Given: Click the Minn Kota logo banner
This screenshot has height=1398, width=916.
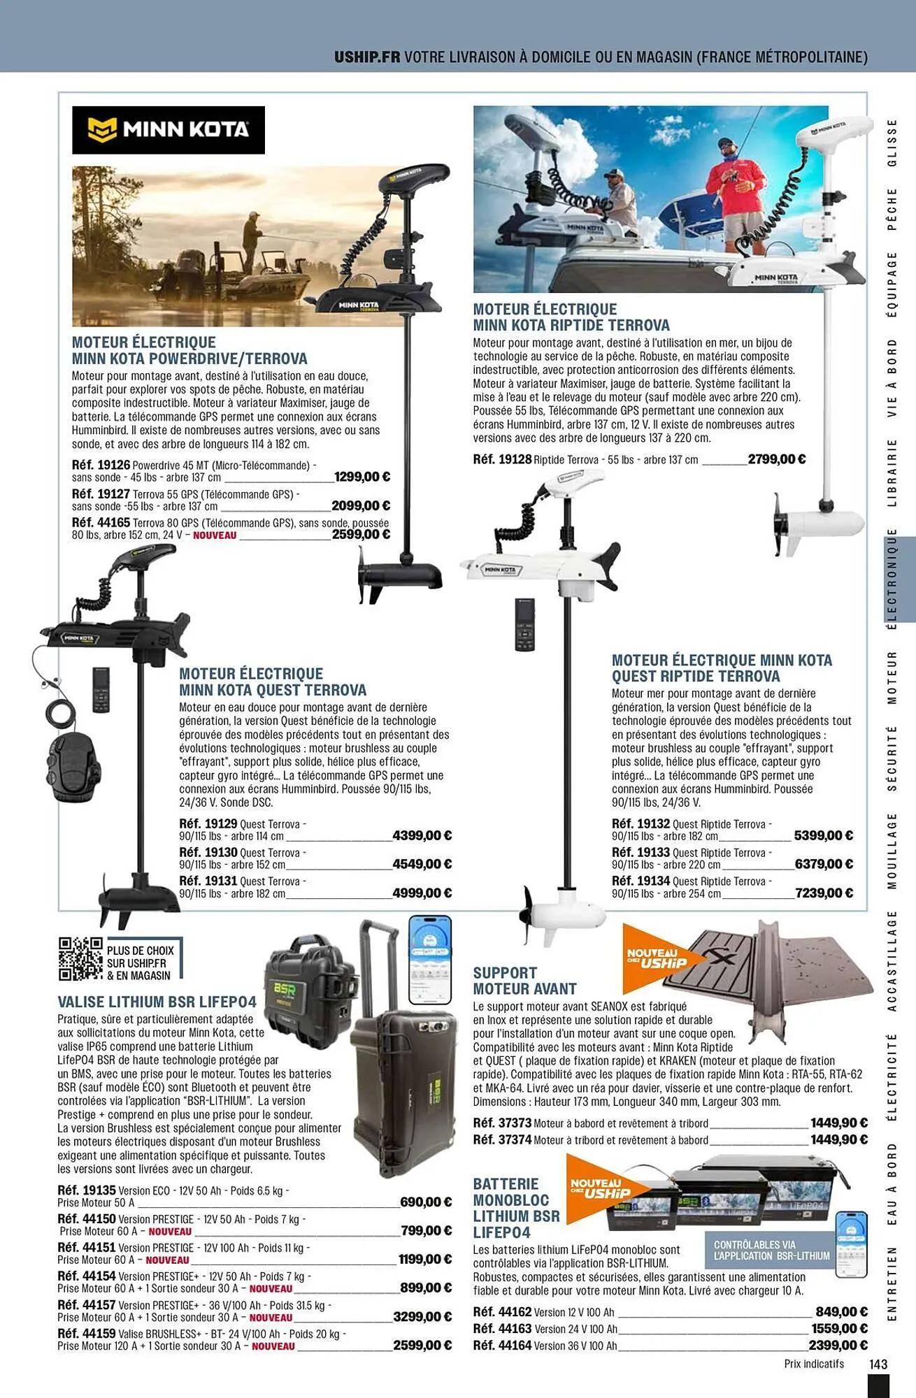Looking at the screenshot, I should click(x=168, y=130).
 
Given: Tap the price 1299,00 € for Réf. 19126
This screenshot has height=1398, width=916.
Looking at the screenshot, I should click(x=362, y=477).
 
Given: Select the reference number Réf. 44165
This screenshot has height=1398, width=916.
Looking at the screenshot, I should click(x=101, y=523).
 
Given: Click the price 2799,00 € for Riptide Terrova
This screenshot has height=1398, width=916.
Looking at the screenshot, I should click(x=776, y=459).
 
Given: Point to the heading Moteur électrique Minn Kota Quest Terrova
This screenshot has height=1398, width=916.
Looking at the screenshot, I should click(x=273, y=682).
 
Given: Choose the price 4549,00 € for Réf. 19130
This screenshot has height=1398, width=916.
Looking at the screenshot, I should click(x=422, y=865).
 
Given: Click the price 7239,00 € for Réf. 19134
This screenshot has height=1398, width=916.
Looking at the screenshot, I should click(x=824, y=893).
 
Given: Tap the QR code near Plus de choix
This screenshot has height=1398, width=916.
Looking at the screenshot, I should click(x=80, y=958).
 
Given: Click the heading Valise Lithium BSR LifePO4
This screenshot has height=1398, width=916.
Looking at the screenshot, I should click(x=157, y=1002).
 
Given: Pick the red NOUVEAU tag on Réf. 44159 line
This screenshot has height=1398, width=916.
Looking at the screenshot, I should click(x=273, y=1346).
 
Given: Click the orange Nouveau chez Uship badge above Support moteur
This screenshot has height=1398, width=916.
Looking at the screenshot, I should click(x=657, y=958).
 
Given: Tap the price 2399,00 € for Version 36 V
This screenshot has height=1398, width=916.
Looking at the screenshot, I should click(x=838, y=1345).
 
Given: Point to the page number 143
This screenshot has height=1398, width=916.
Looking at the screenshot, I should click(x=878, y=1364).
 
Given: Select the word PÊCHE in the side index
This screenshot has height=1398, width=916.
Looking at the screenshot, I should click(x=892, y=208).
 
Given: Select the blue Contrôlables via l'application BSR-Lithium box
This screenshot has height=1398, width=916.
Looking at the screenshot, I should click(x=771, y=1251).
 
